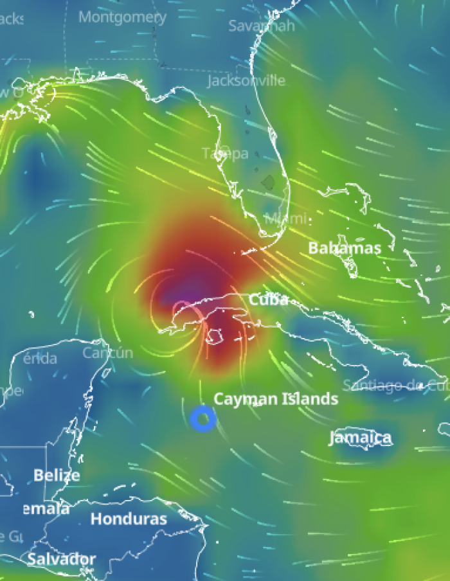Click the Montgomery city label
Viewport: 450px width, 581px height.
pos(122,17)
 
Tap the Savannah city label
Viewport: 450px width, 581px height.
pos(262,26)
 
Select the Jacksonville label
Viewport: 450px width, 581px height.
pos(246,80)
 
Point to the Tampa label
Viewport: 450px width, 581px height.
pos(225,154)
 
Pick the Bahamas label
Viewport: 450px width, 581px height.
pos(344,248)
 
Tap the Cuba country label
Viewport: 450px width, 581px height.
pos(268,299)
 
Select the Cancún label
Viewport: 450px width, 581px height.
pos(107,352)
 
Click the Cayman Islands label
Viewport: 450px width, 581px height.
pos(275,399)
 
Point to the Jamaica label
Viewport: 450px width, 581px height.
pos(360,438)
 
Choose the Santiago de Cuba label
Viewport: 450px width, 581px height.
pos(394,386)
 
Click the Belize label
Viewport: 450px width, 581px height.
pos(57,476)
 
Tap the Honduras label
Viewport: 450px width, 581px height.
pos(129,519)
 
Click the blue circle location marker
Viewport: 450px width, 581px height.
pos(203,419)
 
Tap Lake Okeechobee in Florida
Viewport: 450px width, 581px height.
pos(268,182)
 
